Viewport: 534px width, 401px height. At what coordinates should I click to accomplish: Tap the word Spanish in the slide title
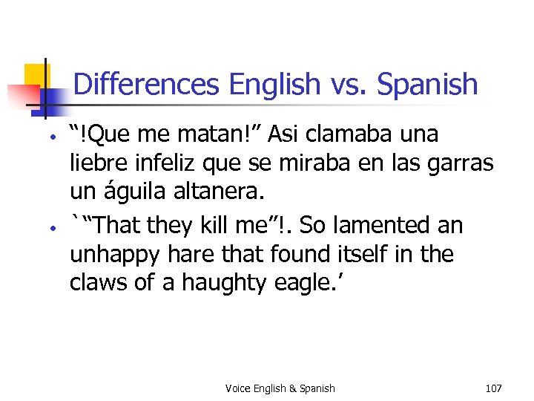click(427, 84)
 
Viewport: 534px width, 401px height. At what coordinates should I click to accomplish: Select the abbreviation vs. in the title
click(346, 84)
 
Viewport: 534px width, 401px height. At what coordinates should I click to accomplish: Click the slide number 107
click(493, 388)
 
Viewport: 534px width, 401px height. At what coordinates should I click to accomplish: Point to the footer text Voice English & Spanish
click(280, 388)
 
